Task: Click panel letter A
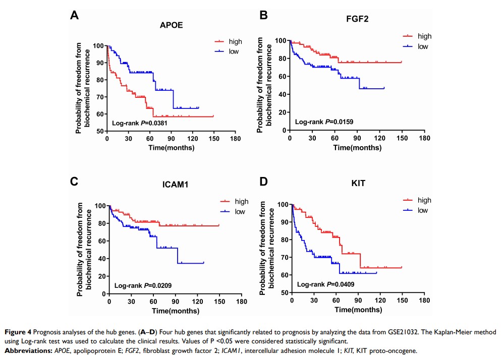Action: pyautogui.click(x=74, y=16)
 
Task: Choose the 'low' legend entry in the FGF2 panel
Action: pyautogui.click(x=423, y=46)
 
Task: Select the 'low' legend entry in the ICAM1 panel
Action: pyautogui.click(x=240, y=212)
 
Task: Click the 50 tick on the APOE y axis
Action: pyautogui.click(x=100, y=131)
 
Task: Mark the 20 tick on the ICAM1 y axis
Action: pyautogui.click(x=102, y=276)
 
